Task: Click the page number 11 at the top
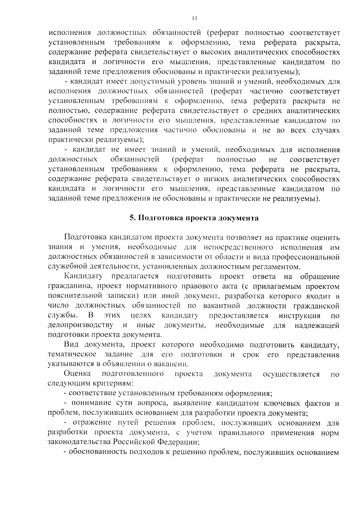[194, 18]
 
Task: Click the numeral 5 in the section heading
[131, 218]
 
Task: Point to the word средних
[266, 111]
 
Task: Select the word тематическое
[72, 355]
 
